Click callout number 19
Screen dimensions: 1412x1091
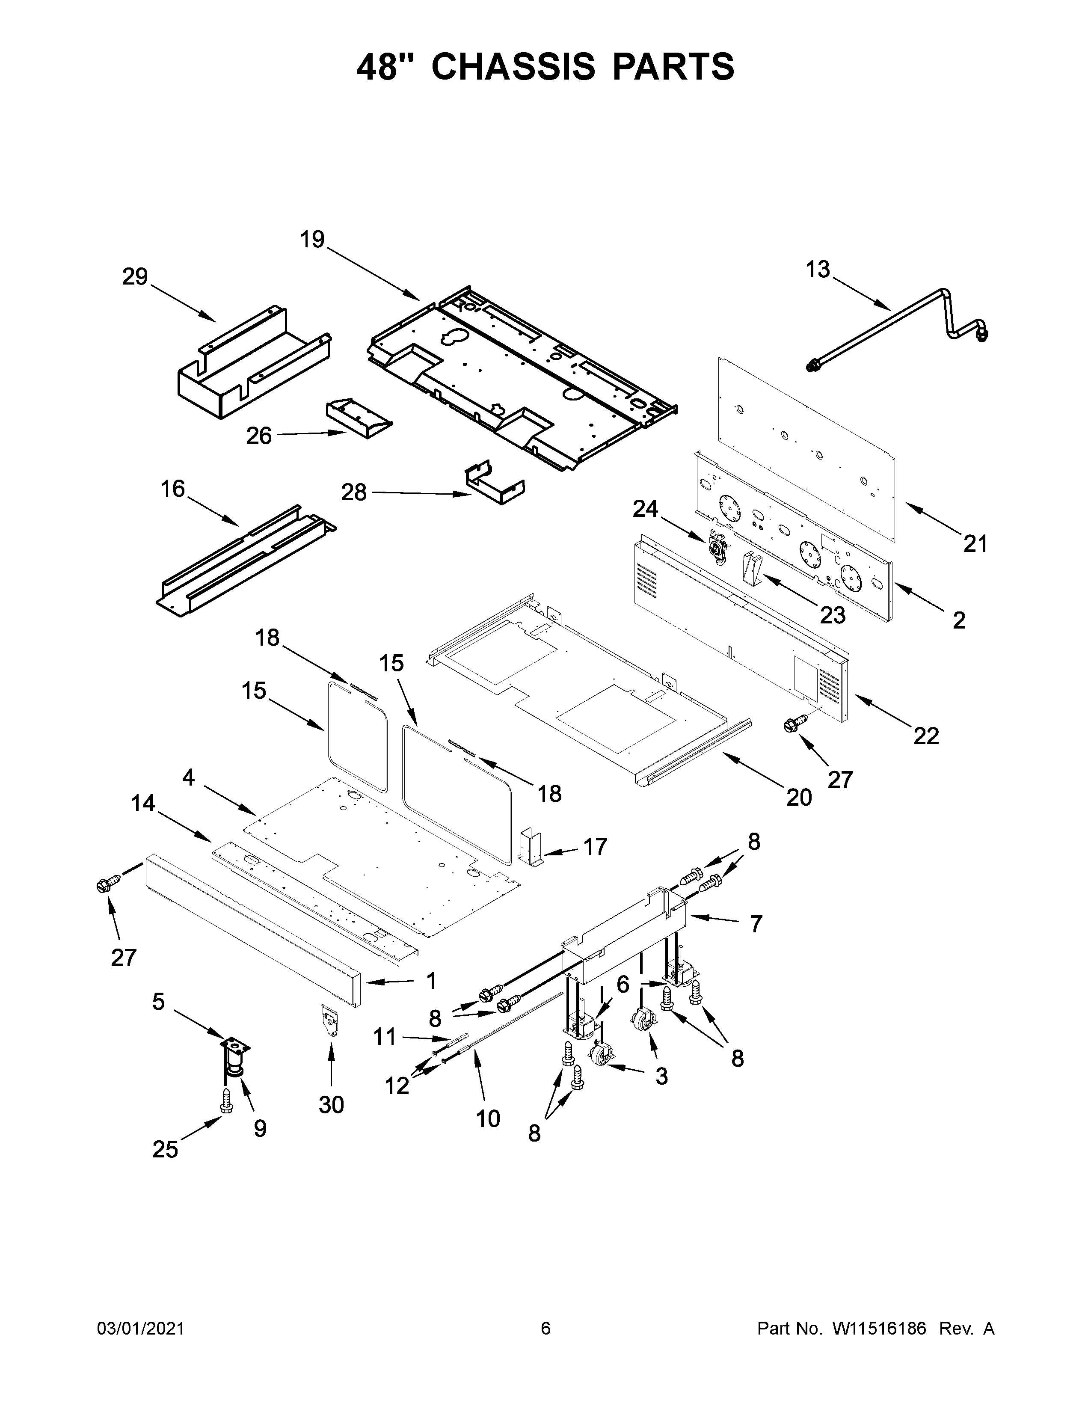pos(312,240)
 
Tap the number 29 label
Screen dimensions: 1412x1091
pos(135,277)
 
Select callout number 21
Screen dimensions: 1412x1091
pos(975,544)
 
